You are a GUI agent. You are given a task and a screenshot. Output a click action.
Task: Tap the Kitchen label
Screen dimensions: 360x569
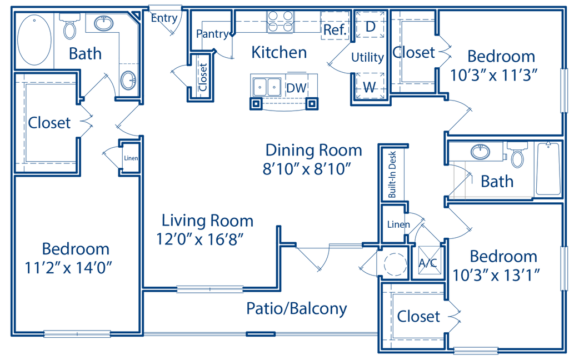pyautogui.click(x=279, y=53)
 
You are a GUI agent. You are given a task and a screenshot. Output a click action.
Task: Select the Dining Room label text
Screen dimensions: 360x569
pyautogui.click(x=314, y=150)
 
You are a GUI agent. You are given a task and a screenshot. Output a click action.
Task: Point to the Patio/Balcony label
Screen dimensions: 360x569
pyautogui.click(x=297, y=309)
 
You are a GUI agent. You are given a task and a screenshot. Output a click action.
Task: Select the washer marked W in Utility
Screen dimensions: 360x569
pyautogui.click(x=368, y=86)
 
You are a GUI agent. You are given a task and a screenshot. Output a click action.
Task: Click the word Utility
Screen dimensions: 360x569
pyautogui.click(x=367, y=58)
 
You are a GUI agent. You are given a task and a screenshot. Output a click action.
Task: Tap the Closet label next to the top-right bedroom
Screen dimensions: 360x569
pyautogui.click(x=413, y=53)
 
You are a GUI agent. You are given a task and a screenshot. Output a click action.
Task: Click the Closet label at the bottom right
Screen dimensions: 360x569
pyautogui.click(x=418, y=317)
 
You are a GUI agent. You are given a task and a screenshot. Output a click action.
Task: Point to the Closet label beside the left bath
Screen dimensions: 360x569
pyautogui.click(x=49, y=122)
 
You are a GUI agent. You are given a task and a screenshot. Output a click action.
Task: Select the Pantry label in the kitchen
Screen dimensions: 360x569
pyautogui.click(x=213, y=34)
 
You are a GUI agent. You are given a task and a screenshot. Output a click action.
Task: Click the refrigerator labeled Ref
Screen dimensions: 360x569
pyautogui.click(x=335, y=27)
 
